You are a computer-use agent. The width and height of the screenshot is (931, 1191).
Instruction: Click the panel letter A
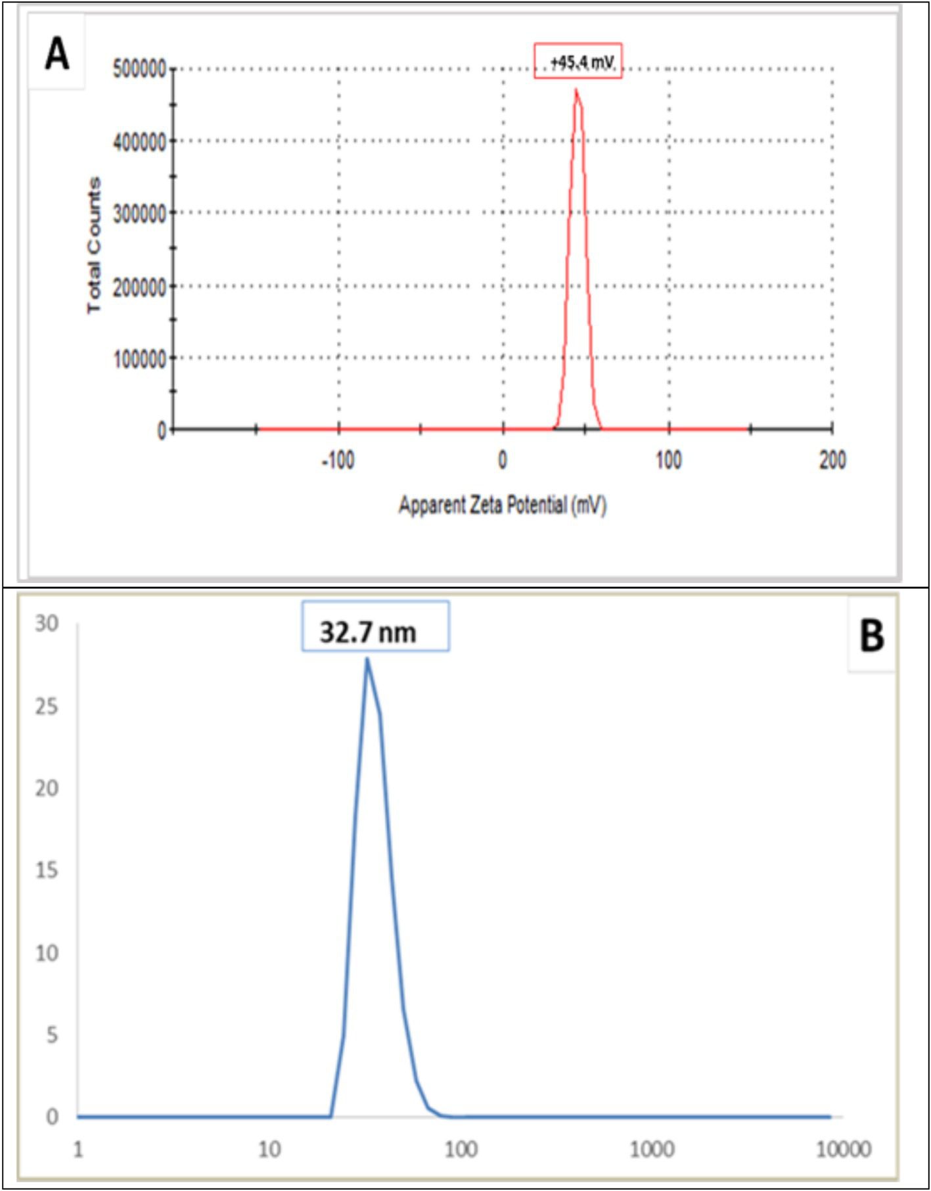57,54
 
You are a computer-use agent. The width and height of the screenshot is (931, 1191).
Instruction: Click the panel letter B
871,636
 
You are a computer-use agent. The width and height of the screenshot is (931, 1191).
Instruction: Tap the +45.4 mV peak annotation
578,62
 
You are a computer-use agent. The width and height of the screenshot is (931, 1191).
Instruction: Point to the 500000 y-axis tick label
139,69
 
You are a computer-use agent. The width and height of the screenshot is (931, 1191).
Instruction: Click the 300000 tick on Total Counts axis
139,214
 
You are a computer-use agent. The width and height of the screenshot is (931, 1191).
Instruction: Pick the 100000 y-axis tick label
139,359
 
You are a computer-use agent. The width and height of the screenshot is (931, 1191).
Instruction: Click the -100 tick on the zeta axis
338,460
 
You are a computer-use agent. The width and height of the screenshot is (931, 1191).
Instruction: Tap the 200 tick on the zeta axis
832,460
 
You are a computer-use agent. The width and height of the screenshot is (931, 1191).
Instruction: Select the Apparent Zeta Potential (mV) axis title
503,505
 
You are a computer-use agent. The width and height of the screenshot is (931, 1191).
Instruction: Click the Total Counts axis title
95,245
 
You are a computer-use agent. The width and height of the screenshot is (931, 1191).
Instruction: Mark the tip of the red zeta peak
576,90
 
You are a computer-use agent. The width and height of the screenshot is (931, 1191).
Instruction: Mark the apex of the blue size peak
367,659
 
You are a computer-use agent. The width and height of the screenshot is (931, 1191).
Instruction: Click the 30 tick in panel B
47,623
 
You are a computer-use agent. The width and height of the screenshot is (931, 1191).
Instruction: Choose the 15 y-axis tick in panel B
47,870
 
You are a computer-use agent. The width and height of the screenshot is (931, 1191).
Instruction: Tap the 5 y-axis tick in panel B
51,1035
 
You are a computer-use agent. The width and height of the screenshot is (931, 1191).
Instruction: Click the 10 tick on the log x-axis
269,1150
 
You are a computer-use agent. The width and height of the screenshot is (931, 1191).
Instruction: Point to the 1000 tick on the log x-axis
652,1150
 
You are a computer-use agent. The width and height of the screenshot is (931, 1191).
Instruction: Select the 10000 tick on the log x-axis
843,1150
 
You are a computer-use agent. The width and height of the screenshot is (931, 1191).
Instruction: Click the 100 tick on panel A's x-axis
668,460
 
